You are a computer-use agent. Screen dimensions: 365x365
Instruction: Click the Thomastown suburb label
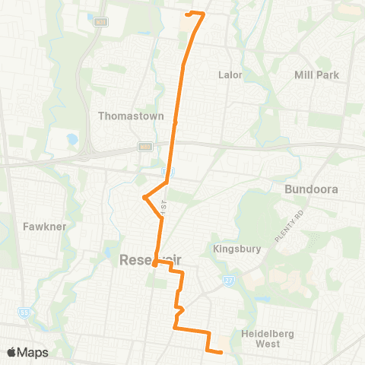pos(126,116)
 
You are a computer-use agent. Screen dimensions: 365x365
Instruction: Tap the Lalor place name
pos(230,75)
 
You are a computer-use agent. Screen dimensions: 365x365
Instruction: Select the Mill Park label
pos(316,75)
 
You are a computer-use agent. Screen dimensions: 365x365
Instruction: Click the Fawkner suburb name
pos(36,227)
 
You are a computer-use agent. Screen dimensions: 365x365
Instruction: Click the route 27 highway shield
pos(227,279)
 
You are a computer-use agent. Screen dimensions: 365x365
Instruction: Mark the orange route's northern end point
pos(189,14)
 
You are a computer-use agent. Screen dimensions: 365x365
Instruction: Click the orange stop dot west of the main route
pos(144,198)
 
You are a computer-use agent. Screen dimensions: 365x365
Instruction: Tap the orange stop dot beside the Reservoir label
pos(154,265)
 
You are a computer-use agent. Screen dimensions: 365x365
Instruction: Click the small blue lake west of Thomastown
pos(71,141)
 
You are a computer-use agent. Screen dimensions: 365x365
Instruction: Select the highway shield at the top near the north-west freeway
pos(100,24)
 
